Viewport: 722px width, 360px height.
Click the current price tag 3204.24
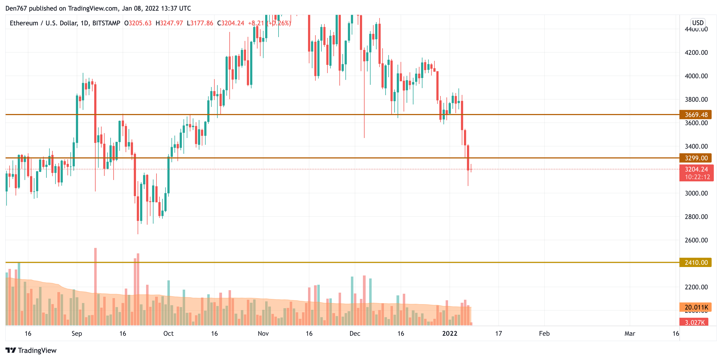tap(696, 169)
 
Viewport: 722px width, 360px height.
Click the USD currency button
tap(698, 23)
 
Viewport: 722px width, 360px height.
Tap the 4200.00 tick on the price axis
tap(696, 53)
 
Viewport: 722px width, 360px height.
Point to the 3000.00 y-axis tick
tap(696, 193)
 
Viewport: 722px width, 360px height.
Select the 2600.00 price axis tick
tap(696, 240)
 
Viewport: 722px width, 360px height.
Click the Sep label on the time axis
tap(76, 333)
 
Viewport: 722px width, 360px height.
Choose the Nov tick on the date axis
tap(263, 333)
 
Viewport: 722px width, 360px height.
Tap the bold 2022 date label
tap(449, 333)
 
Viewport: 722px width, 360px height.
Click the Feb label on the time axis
tap(544, 333)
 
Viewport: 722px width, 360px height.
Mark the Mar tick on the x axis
tap(629, 333)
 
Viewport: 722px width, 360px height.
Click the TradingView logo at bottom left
tap(31, 350)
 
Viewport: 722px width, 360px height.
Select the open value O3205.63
tap(138, 23)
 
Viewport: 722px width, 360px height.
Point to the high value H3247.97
tap(169, 23)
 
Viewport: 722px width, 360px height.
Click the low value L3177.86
tap(200, 23)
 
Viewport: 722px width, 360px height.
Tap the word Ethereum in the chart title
tap(24, 23)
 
